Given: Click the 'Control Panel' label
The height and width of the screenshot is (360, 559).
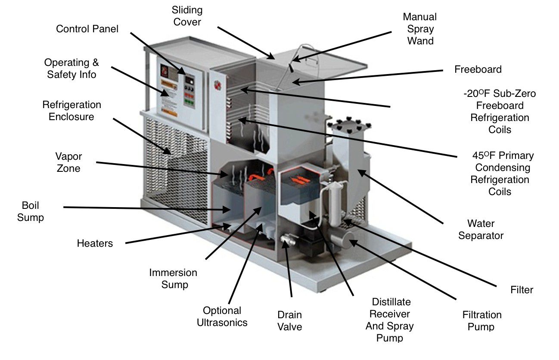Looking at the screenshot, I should click(x=87, y=29).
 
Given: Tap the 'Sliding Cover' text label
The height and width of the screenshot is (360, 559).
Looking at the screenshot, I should click(x=187, y=16).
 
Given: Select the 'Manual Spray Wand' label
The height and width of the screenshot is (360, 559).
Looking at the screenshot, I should click(x=419, y=29).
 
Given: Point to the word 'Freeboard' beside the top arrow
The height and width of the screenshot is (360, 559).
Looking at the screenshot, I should click(x=478, y=69).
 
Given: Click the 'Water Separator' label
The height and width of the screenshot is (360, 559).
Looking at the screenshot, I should click(x=481, y=230).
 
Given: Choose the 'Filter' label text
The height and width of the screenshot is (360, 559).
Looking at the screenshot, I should click(x=522, y=290).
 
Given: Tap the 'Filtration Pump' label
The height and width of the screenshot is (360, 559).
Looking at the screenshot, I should click(x=481, y=321).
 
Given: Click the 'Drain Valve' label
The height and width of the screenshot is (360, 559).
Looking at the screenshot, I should click(x=289, y=320).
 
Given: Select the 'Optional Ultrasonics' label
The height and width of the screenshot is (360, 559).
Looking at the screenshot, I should click(x=222, y=316).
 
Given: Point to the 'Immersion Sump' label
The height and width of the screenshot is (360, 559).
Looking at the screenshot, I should click(x=173, y=278).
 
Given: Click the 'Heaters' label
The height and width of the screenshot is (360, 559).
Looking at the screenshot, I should click(x=95, y=243).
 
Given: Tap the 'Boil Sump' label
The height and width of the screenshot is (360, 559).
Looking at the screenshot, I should click(x=30, y=211).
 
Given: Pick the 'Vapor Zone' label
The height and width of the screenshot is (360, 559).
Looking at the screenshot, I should click(x=68, y=162).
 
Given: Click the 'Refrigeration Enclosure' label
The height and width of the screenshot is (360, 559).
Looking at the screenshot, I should click(x=71, y=111).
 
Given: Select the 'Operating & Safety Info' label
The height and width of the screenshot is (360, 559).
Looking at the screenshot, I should click(x=71, y=68).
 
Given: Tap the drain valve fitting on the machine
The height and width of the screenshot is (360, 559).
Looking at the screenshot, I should click(x=286, y=238).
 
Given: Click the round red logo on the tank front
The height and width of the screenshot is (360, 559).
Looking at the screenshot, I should click(x=217, y=84).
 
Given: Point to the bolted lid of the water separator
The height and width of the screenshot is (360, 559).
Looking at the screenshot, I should click(x=348, y=125).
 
